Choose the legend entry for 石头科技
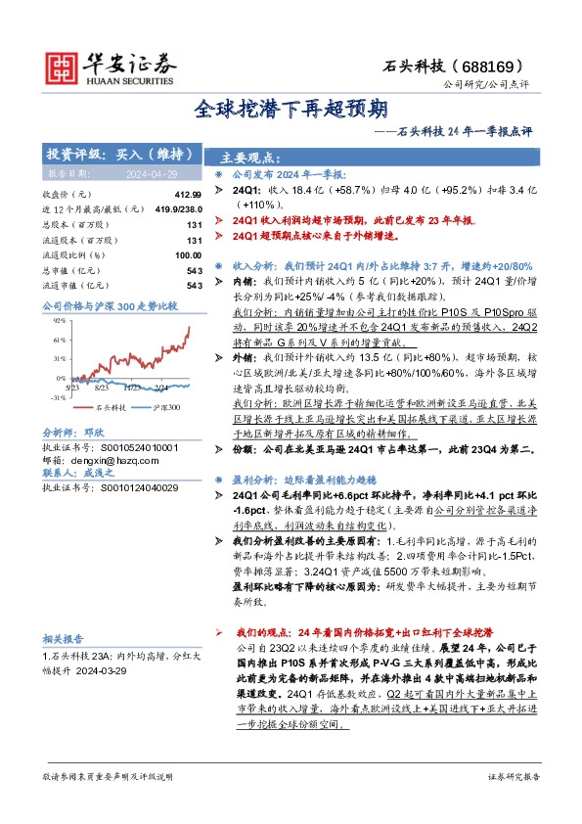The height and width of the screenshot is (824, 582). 110,406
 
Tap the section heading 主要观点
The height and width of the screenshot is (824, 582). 250,158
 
